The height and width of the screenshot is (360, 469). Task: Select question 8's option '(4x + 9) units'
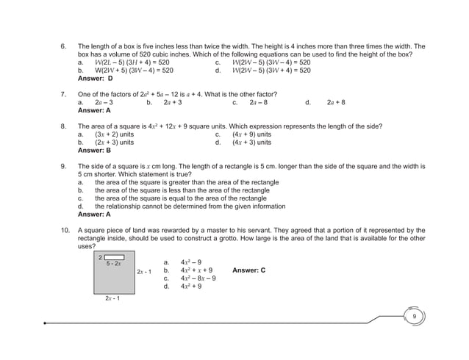251,135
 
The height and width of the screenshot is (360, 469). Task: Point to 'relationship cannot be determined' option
193,206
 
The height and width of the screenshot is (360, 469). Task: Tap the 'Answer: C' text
248,270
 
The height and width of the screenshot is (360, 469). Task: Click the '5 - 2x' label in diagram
114,263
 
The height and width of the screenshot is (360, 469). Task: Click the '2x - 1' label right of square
144,272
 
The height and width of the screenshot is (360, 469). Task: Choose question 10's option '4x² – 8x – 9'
198,278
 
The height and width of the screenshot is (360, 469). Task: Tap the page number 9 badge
415,316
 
